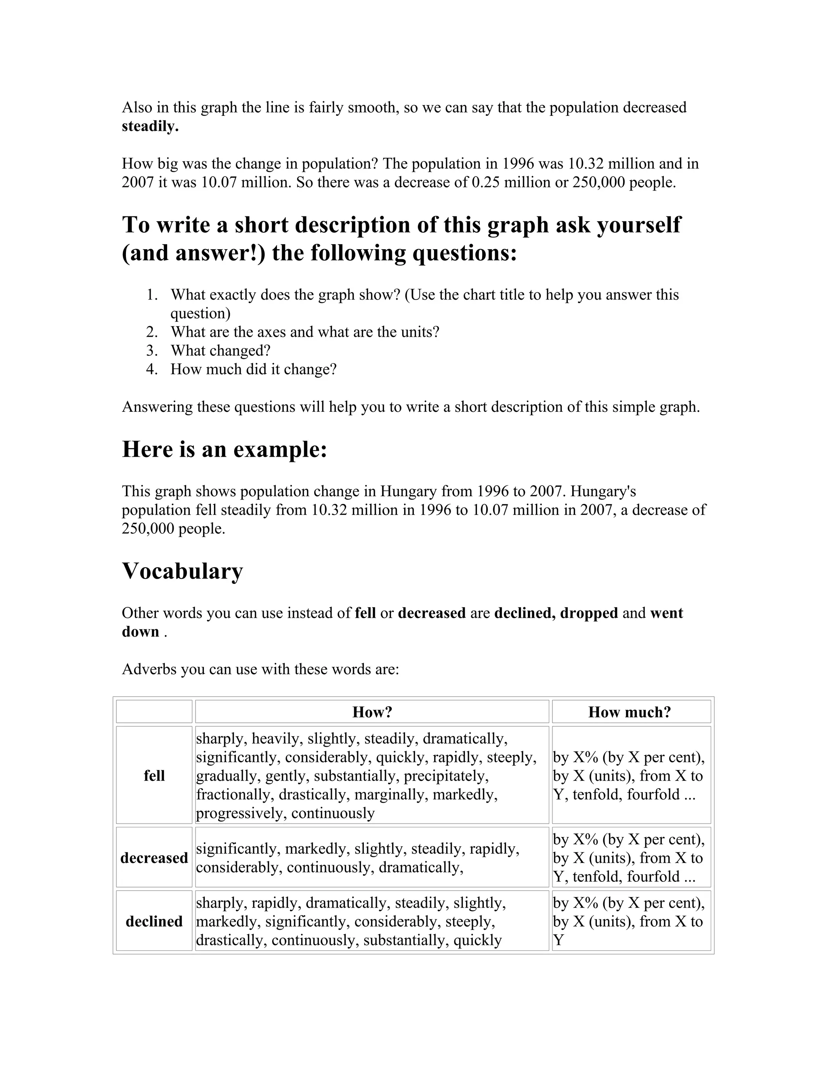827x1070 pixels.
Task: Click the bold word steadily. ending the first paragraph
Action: click(x=150, y=126)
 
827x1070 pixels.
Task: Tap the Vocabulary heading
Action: click(x=182, y=571)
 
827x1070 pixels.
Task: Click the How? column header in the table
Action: click(x=372, y=712)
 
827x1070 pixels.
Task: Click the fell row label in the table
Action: click(x=154, y=776)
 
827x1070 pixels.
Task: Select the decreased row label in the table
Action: click(x=154, y=858)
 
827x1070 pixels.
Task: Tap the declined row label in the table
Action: click(x=154, y=921)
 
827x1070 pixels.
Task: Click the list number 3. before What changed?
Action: click(x=152, y=351)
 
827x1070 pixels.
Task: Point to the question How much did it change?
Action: click(x=253, y=369)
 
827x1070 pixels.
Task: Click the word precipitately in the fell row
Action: click(x=445, y=776)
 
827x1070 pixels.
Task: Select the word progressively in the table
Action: click(x=241, y=813)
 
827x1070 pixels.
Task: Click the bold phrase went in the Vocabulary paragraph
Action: click(x=666, y=613)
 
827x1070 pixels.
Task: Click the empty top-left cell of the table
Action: click(x=154, y=712)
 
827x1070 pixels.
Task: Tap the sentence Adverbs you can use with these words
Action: click(x=260, y=669)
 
